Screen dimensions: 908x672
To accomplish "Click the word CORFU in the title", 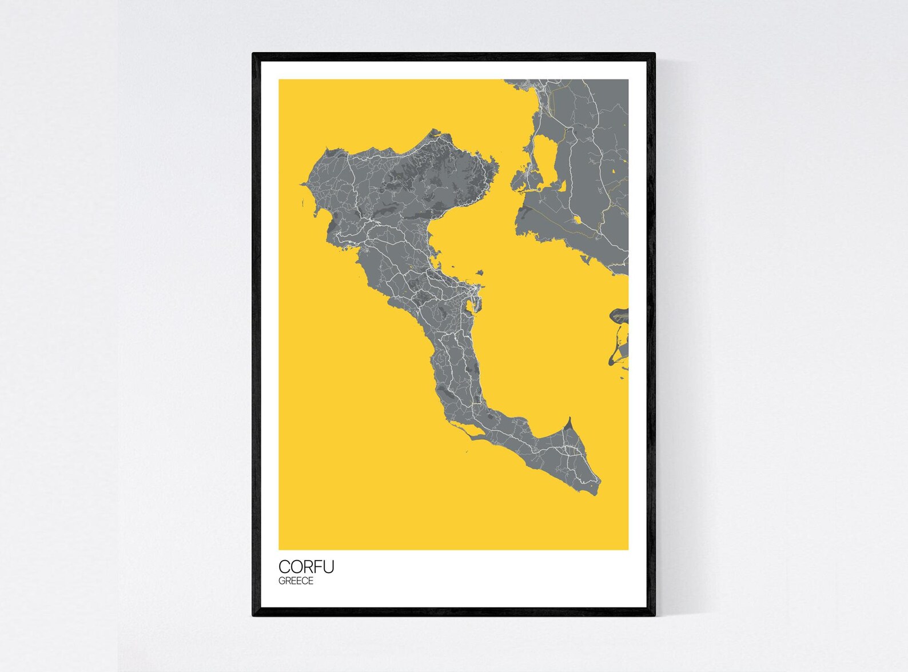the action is (306, 566).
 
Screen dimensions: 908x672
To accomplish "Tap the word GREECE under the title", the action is (296, 581).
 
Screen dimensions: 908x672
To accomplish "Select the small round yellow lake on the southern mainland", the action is (577, 219).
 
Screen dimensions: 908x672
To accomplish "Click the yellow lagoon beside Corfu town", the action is (470, 307).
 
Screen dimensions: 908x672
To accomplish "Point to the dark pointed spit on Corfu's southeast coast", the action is (568, 423).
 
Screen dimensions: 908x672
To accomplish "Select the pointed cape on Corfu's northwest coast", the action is (301, 183).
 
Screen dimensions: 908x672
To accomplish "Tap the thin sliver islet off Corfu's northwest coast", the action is (300, 203).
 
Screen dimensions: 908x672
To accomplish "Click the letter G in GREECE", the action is (282, 581).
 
